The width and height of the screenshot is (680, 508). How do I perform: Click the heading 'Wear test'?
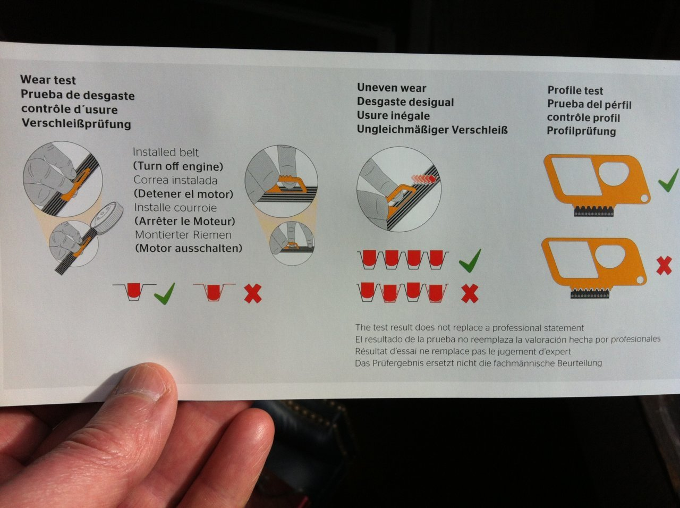coord(48,80)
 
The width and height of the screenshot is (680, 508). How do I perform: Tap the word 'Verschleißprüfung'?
coord(76,124)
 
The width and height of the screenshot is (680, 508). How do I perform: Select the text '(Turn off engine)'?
coord(178,166)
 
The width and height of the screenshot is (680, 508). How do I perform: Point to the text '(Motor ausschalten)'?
coord(189,248)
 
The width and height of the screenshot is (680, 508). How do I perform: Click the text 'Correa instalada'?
coord(175,180)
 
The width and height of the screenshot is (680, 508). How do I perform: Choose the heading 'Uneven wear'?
coord(392,88)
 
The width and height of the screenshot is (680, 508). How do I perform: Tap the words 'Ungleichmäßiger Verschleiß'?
coord(432,130)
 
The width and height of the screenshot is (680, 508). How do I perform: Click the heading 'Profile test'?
coord(575,90)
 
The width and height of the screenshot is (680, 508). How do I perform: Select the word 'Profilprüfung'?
coord(581,131)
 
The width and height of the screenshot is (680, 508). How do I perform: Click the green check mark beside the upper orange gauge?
coord(668,181)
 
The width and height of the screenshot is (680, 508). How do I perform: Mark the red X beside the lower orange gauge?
coord(664,266)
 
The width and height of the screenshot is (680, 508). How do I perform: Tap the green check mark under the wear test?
coord(165,293)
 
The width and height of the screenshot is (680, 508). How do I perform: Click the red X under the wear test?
coord(253,294)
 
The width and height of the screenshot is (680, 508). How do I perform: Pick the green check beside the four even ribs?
coord(470,261)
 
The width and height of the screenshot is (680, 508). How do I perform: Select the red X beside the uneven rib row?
coord(470,294)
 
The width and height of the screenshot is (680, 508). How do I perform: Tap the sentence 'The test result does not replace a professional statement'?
coord(469,328)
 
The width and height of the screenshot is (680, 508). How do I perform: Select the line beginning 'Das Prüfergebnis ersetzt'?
coord(478,363)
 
